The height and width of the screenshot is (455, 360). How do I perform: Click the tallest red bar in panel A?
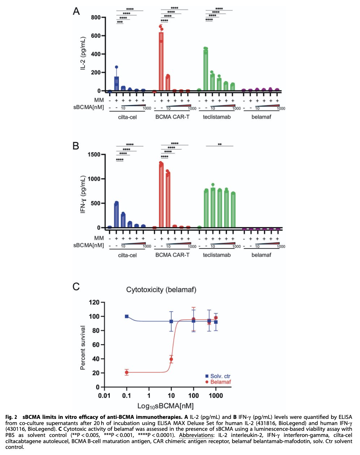point(161,61)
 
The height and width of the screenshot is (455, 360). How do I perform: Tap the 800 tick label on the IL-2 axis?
point(96,17)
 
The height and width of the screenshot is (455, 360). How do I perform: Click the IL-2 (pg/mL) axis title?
point(83,53)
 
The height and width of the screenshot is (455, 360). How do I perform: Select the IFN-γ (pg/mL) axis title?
point(83,194)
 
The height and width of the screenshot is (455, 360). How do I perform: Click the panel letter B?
point(76,146)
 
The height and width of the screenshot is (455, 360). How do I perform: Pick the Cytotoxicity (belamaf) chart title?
point(161,290)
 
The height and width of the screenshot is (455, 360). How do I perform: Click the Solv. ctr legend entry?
point(218,376)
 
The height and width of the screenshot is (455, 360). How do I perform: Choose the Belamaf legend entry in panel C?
point(218,382)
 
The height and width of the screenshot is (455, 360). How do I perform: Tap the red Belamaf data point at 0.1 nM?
point(127,373)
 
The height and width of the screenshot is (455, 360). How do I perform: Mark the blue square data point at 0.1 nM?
point(127,316)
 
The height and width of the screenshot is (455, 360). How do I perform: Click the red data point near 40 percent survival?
point(171,359)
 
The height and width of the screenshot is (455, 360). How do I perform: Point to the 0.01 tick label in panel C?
point(104,395)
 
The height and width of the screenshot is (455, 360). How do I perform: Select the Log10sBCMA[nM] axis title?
point(166,406)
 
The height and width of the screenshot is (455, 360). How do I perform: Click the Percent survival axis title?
point(83,348)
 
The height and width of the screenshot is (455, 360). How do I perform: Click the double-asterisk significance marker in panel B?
point(220,144)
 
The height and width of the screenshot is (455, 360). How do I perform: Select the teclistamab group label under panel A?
point(217,117)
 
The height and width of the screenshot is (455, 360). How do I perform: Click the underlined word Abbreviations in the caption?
point(196,435)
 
